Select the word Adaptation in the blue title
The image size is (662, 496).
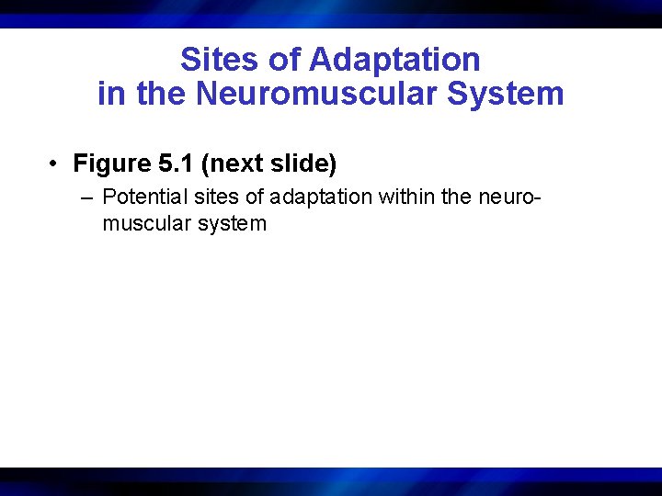coord(395,60)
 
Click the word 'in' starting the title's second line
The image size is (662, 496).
coord(110,94)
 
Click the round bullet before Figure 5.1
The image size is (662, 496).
coord(56,164)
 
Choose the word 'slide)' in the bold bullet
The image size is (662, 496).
coord(302,164)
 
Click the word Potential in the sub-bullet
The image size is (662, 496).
coord(143,197)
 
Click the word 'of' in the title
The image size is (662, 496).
coord(285,60)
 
